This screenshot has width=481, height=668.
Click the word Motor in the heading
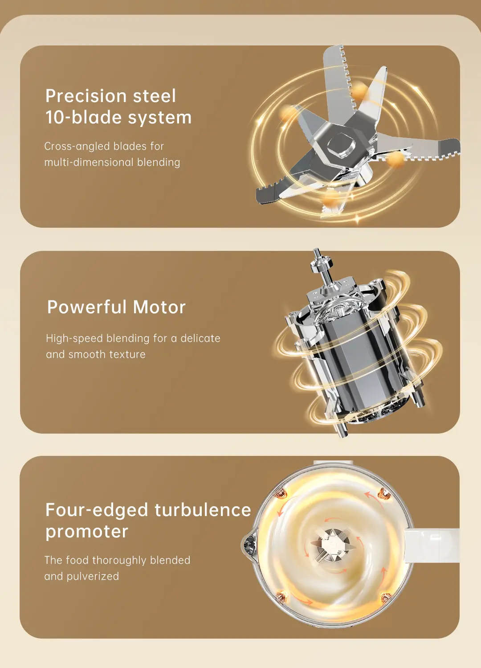tap(159, 307)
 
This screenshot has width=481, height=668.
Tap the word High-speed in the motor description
tap(74, 339)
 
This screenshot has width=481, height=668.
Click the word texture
tap(127, 354)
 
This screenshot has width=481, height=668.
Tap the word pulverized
tap(93, 577)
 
